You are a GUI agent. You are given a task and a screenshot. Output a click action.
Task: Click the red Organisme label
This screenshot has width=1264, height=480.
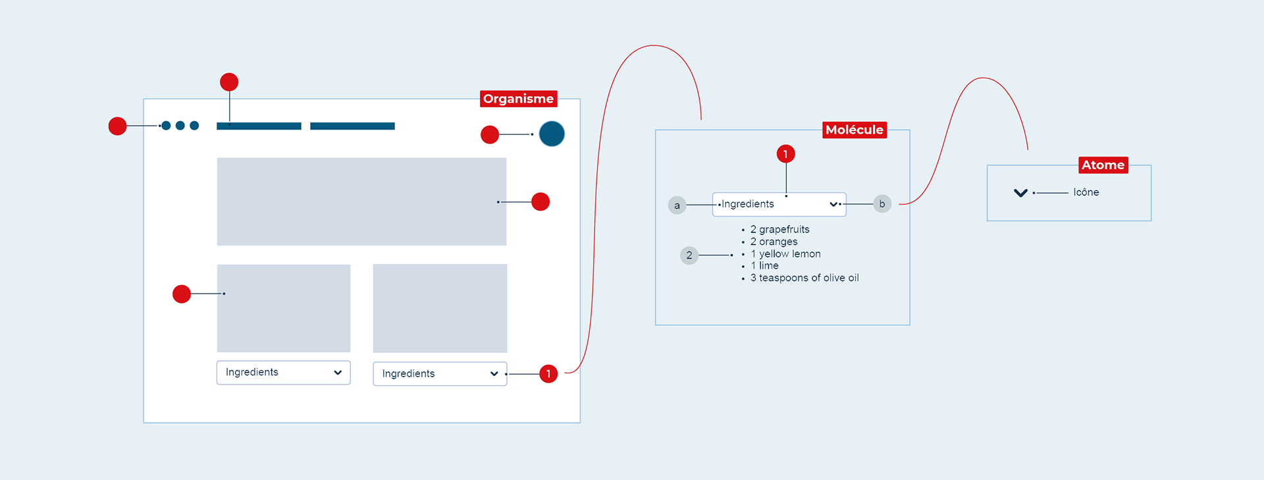(x=519, y=99)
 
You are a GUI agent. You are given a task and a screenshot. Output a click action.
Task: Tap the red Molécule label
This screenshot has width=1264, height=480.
(x=855, y=130)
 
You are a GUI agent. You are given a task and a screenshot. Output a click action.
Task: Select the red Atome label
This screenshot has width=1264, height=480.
(x=1103, y=165)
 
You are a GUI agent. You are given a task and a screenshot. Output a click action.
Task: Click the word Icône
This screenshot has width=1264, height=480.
(x=1086, y=192)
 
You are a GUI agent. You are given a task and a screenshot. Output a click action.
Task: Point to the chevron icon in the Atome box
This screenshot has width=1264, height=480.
(x=1020, y=193)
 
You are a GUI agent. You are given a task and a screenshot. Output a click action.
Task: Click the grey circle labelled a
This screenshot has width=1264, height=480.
(x=677, y=205)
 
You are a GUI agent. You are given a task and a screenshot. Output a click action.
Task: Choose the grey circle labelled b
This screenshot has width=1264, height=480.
(x=882, y=204)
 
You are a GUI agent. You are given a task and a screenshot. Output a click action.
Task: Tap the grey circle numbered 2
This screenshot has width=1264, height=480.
(x=689, y=255)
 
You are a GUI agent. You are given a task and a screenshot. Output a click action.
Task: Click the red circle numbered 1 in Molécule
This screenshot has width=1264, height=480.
(x=785, y=154)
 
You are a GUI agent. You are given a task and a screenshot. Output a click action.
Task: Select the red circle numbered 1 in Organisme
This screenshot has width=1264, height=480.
(x=548, y=374)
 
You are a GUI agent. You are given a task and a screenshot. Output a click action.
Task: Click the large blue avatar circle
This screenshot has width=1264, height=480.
(x=552, y=134)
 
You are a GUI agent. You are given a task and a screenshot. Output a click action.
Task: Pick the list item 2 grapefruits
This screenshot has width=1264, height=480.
(x=779, y=229)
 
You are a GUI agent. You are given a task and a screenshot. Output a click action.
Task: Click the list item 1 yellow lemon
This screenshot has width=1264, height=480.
(x=785, y=253)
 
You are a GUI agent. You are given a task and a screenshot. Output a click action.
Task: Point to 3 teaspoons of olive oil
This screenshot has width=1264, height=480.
(x=804, y=278)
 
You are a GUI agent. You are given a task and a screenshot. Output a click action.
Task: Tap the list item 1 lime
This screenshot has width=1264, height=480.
(x=764, y=265)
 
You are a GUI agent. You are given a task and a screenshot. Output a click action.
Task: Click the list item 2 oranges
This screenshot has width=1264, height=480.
(x=774, y=242)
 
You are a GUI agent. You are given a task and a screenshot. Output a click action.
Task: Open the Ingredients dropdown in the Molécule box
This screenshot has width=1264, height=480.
(x=779, y=204)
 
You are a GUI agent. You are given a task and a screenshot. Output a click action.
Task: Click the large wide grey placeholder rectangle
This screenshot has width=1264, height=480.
(x=361, y=201)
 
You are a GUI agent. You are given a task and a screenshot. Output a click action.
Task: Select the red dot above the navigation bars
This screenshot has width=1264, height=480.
(x=229, y=82)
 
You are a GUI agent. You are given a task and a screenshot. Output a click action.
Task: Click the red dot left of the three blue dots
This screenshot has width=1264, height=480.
(x=117, y=126)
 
